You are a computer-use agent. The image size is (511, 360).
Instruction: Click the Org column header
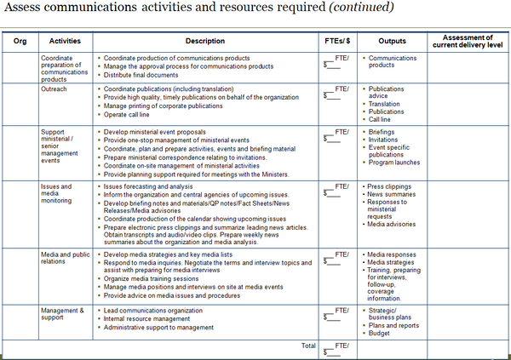tap(20, 40)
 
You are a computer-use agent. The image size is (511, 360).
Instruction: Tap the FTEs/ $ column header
tap(335, 40)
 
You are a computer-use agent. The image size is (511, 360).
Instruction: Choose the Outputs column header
tap(393, 40)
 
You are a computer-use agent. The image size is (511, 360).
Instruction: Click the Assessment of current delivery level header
tap(468, 40)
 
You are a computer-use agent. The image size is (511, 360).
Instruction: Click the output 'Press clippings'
tap(393, 185)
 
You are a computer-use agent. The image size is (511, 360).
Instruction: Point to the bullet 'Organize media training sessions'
tap(159, 277)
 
